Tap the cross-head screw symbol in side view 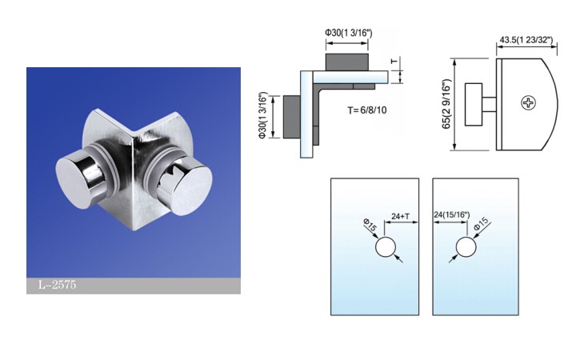(529, 102)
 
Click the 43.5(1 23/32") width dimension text (528, 39)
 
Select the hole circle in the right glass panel (465, 246)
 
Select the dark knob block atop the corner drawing (347, 62)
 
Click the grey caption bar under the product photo (133, 286)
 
